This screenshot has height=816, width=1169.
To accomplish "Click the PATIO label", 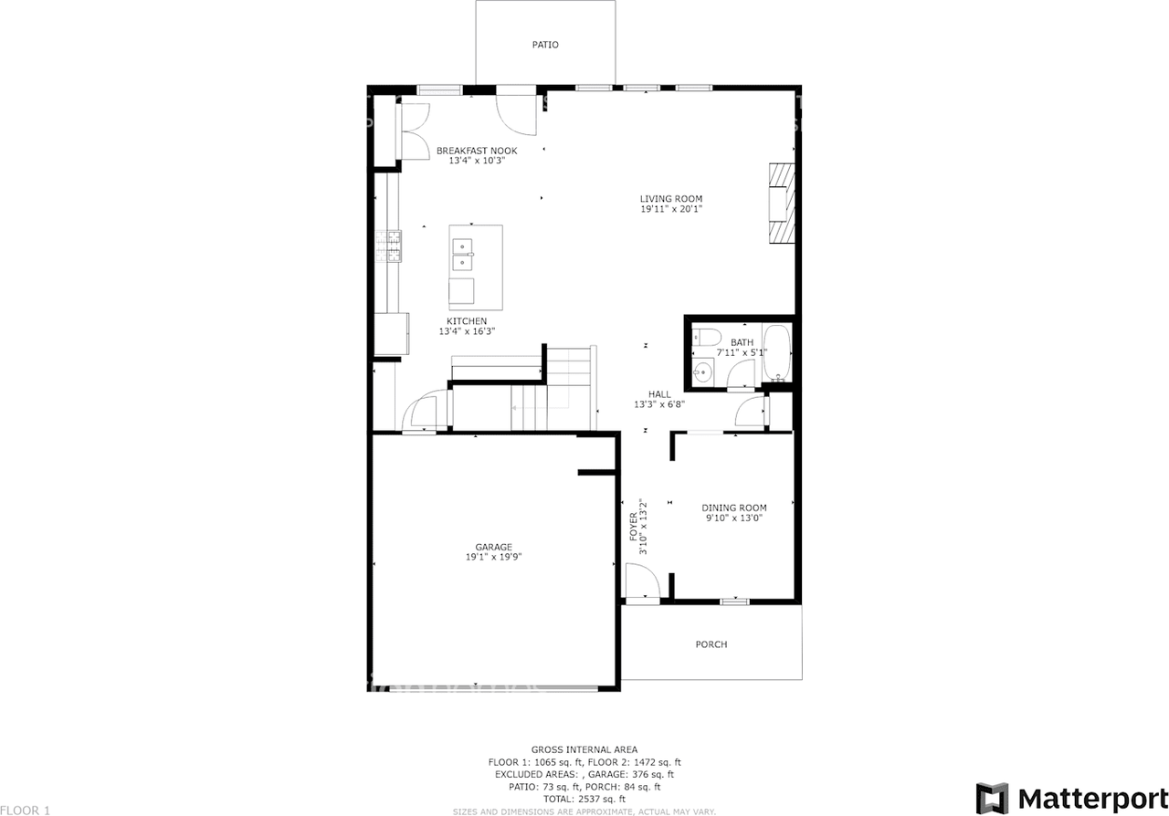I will (x=545, y=45).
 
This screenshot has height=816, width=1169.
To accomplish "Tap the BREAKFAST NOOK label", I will (x=477, y=151).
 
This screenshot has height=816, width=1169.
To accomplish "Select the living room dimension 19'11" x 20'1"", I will (x=671, y=210).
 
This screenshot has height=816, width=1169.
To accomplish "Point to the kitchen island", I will (x=475, y=267).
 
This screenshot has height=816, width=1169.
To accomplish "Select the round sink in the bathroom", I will (x=702, y=371).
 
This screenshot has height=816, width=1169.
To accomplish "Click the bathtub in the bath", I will (x=777, y=353).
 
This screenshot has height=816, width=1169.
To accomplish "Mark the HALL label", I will (x=659, y=394).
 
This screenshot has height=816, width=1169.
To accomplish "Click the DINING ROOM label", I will (x=733, y=507).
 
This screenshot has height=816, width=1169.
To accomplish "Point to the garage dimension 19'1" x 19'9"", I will (x=493, y=557).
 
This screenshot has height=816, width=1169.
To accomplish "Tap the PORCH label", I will (x=711, y=644).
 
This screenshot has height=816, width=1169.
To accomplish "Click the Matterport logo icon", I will (x=992, y=798).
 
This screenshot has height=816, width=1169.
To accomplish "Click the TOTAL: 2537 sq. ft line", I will (x=584, y=798).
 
